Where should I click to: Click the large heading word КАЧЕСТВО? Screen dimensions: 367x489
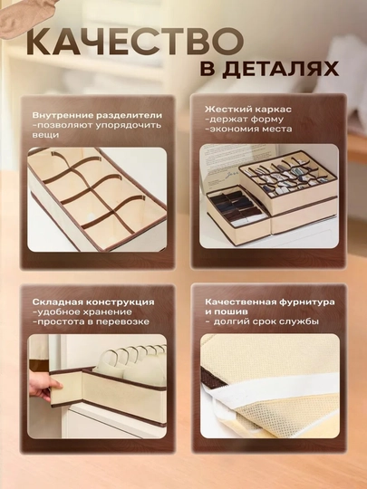click(x=135, y=42)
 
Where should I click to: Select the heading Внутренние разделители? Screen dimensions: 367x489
click(x=97, y=115)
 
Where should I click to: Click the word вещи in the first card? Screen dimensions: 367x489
click(x=45, y=135)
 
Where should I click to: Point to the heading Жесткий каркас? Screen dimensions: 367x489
click(x=248, y=110)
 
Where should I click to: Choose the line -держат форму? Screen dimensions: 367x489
click(x=244, y=120)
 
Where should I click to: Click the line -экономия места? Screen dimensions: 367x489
click(x=248, y=129)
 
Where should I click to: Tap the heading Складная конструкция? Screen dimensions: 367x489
click(x=93, y=302)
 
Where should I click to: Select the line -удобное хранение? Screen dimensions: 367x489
click(x=82, y=312)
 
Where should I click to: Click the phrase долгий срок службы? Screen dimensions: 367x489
click(x=266, y=321)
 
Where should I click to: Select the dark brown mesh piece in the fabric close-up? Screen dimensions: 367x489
click(x=212, y=378)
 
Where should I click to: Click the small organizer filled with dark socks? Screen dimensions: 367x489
click(x=237, y=209)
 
